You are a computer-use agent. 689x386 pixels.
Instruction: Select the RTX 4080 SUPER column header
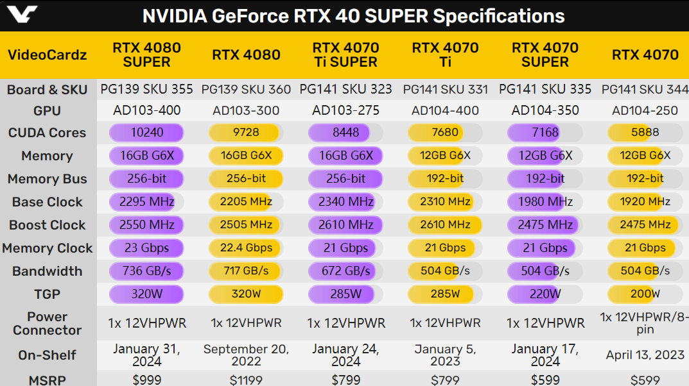click(x=146, y=55)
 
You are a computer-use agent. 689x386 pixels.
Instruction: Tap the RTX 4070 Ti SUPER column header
click(x=345, y=55)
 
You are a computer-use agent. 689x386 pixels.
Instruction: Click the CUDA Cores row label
click(x=47, y=133)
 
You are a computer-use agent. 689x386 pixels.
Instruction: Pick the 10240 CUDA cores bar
click(x=146, y=133)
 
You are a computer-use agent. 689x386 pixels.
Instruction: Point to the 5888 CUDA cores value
click(x=645, y=133)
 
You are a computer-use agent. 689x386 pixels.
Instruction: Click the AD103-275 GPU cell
click(x=345, y=110)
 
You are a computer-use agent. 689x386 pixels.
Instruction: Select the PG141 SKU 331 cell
click(x=445, y=90)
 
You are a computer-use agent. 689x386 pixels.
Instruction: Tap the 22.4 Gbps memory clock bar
click(x=246, y=248)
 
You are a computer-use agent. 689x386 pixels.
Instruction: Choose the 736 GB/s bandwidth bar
click(x=146, y=271)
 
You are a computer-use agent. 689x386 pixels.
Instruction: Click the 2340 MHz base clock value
click(x=345, y=202)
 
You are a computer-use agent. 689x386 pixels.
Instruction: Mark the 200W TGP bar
click(x=645, y=294)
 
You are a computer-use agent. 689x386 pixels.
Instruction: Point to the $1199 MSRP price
click(x=246, y=380)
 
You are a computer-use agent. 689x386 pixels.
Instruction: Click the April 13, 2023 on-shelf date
click(x=645, y=355)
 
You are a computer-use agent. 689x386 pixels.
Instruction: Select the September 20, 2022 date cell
click(x=246, y=355)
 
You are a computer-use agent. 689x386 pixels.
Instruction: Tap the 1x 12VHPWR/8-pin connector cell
click(x=645, y=323)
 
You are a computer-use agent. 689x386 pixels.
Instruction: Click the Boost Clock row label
click(x=47, y=225)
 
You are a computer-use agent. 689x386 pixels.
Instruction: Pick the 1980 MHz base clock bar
click(x=545, y=202)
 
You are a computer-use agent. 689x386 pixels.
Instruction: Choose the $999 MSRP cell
click(x=146, y=380)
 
